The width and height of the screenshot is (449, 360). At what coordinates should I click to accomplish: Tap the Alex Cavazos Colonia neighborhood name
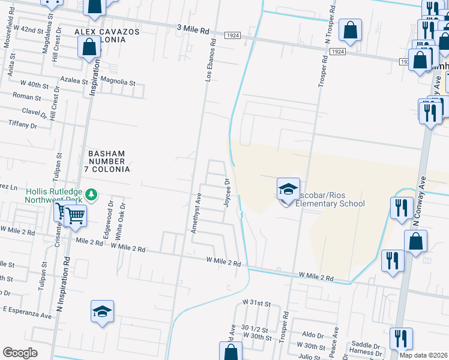coord(107,35)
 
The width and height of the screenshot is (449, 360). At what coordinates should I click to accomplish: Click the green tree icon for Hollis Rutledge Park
coord(91,194)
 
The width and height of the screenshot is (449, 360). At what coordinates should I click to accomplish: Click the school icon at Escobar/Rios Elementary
coord(288,190)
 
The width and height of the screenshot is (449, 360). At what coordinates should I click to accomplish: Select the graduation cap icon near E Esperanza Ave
coord(102,312)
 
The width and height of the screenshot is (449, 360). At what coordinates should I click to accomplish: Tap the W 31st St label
coord(257,302)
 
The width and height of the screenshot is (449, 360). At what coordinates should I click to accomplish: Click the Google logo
coord(20,352)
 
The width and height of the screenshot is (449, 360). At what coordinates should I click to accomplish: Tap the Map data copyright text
coord(423,355)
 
